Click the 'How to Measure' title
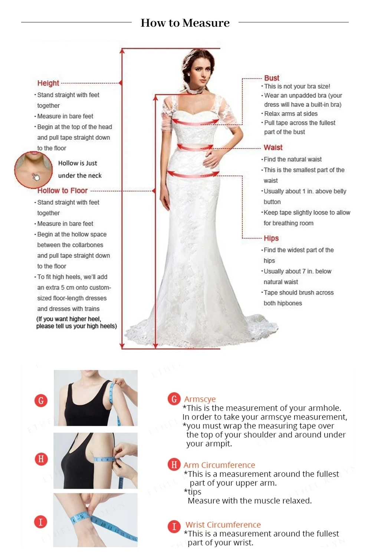coord(185,23)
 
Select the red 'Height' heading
coord(48,83)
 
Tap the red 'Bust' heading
coord(272,78)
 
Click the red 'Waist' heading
coord(273,148)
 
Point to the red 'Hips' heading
coord(271,238)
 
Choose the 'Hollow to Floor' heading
coord(62,191)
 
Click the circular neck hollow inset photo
coord(33,170)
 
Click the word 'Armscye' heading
coord(200,399)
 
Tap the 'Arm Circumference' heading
coord(219,465)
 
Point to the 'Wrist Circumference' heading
coord(223,525)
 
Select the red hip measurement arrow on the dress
coord(193,174)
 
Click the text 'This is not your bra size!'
coord(297,86)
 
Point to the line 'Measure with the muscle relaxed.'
coord(250,500)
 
